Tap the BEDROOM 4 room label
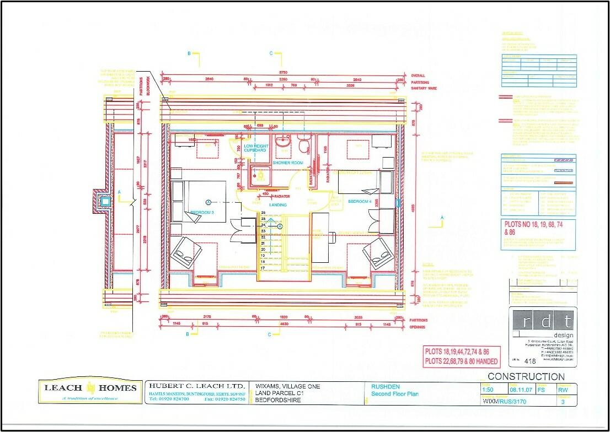[x=360, y=202]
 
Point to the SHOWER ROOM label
[x=288, y=163]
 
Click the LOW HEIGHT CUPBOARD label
[x=255, y=148]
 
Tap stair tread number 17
[x=263, y=268]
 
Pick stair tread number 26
[x=263, y=213]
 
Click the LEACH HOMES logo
[x=90, y=391]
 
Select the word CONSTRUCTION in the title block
[x=527, y=377]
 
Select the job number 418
[x=530, y=361]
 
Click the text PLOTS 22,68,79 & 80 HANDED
[x=462, y=361]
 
